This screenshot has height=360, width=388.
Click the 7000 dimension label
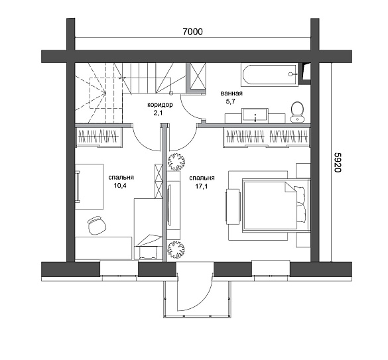click(192, 32)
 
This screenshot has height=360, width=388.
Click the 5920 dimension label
click(338, 162)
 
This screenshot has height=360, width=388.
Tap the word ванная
click(231, 93)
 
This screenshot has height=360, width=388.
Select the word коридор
click(160, 105)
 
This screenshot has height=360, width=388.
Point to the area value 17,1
click(202, 186)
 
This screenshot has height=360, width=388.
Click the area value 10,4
click(120, 186)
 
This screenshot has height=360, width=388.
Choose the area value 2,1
click(159, 113)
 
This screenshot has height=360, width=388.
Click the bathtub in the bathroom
click(269, 76)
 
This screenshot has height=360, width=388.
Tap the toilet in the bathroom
click(297, 112)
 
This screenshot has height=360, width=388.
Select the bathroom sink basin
click(255, 115)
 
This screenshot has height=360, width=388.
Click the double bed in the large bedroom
click(276, 205)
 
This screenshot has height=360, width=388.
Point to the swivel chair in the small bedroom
click(97, 225)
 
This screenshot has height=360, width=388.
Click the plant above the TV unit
click(176, 162)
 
